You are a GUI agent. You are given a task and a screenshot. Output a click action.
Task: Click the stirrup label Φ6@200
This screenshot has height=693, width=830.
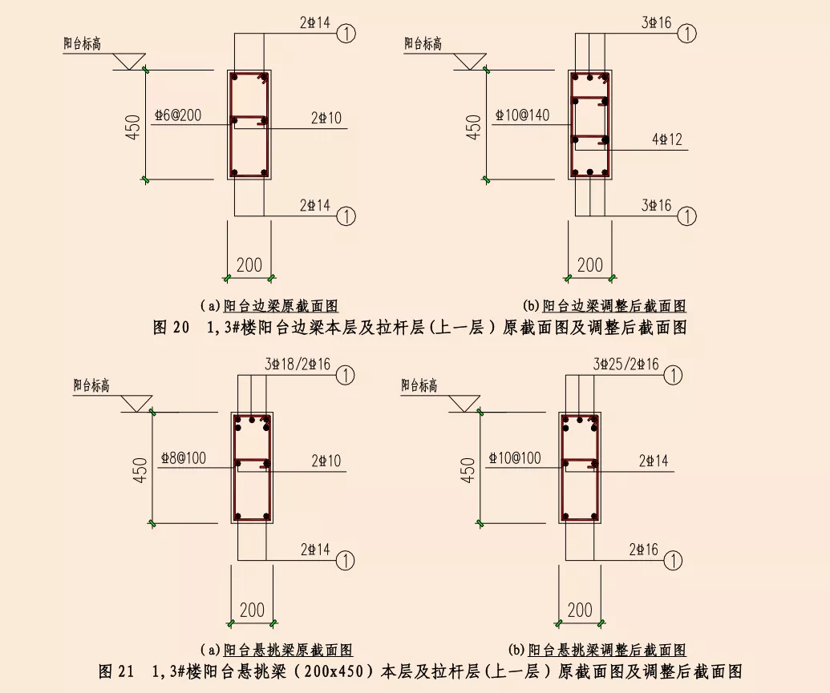[x=180, y=117]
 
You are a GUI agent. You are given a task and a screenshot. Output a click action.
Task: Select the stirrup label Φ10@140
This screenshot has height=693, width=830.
[x=522, y=115]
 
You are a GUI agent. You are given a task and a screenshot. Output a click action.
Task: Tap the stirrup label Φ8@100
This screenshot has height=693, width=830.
[x=183, y=459]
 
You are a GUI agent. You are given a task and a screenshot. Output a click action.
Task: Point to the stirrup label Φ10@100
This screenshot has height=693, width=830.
[x=514, y=459]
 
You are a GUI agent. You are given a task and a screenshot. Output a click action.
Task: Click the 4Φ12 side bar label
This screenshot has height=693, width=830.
[x=666, y=140]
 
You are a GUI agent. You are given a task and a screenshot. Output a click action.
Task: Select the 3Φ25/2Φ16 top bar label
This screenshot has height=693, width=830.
[x=626, y=365]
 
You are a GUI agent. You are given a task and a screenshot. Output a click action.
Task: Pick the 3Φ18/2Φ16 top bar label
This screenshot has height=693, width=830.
[x=298, y=365]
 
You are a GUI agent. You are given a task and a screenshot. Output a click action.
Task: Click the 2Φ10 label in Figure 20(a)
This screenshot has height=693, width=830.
[x=326, y=119]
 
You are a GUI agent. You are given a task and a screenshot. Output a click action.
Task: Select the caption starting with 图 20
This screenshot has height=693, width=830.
[x=419, y=327]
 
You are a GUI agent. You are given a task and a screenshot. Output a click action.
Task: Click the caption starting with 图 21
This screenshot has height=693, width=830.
[x=419, y=671]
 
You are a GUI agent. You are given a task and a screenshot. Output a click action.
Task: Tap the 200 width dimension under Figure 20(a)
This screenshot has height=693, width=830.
[x=249, y=264]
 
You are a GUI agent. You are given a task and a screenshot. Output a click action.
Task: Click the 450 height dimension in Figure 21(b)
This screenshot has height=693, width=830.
[x=468, y=469]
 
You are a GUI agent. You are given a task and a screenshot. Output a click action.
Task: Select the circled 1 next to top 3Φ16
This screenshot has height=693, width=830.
[x=686, y=34]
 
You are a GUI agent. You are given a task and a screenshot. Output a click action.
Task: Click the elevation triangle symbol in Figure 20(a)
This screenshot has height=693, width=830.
[x=128, y=60]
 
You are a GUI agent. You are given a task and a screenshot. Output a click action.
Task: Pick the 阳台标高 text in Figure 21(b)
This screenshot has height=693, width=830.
[x=419, y=385]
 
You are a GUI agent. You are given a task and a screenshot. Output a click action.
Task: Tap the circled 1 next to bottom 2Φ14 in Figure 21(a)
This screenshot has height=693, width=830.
[x=346, y=558]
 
